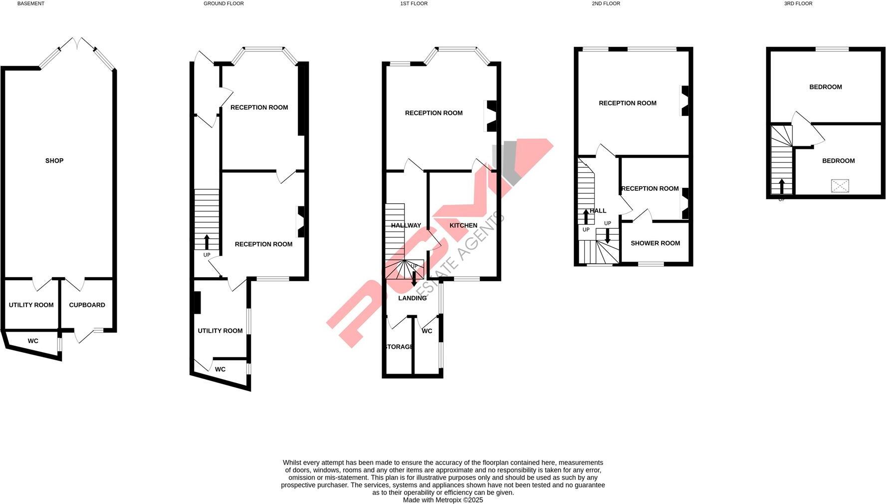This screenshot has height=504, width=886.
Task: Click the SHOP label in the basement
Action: [54, 161]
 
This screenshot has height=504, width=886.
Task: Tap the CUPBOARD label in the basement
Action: [87, 305]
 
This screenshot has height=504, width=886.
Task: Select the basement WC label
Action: [33, 341]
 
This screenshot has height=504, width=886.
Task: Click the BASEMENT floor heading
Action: [31, 3]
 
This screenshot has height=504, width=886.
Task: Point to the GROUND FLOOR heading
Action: [223, 3]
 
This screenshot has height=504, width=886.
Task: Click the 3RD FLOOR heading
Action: [798, 3]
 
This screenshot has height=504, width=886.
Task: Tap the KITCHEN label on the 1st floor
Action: [463, 226]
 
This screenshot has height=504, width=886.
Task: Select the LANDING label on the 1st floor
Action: [413, 298]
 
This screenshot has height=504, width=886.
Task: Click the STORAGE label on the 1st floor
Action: [399, 347]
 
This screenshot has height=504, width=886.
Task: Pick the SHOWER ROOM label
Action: [655, 243]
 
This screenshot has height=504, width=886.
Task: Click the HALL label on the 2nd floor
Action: [598, 211]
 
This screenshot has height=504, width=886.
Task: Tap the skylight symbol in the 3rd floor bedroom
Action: [840, 186]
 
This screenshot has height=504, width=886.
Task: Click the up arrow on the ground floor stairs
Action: [207, 242]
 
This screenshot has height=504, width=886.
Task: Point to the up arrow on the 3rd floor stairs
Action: [782, 186]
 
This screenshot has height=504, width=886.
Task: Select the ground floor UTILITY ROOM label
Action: [220, 331]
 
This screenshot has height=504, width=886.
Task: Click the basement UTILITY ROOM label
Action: [31, 305]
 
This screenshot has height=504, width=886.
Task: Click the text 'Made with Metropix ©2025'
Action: [443, 500]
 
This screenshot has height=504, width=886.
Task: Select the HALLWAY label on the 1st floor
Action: [406, 226]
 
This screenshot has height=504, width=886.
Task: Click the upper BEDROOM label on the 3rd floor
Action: [825, 87]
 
